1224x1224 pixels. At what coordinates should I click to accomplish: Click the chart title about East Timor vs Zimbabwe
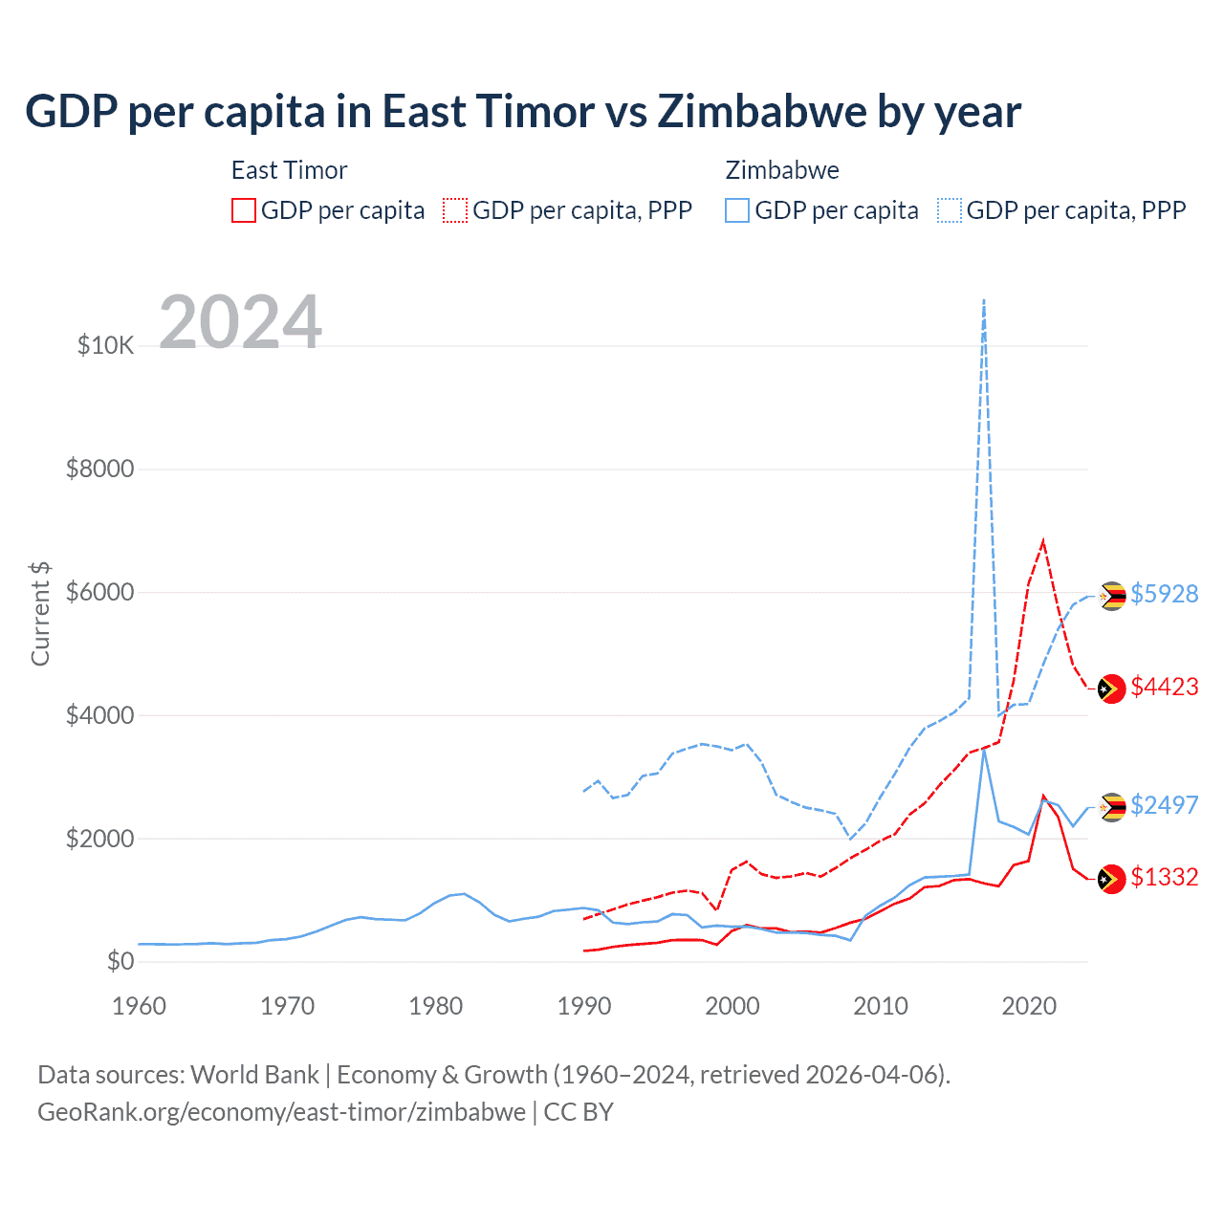pyautogui.click(x=522, y=112)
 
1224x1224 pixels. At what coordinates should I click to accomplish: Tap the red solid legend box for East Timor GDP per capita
pyautogui.click(x=244, y=210)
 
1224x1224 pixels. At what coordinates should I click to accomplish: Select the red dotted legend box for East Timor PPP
pyautogui.click(x=455, y=210)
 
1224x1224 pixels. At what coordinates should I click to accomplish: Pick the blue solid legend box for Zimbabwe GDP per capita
pyautogui.click(x=737, y=210)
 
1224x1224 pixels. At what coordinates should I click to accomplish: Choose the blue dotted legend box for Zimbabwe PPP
pyautogui.click(x=950, y=210)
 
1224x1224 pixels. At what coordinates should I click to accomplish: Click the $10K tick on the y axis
pyautogui.click(x=105, y=345)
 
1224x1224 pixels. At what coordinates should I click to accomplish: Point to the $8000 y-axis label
pyautogui.click(x=99, y=469)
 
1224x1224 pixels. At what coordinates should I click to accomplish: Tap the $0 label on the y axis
pyautogui.click(x=120, y=961)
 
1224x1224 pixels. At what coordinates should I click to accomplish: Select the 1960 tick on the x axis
pyautogui.click(x=140, y=1006)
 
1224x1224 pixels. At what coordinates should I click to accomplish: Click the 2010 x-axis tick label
pyautogui.click(x=881, y=1006)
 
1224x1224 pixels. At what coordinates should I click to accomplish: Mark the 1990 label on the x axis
pyautogui.click(x=584, y=1006)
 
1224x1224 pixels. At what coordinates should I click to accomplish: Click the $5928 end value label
pyautogui.click(x=1164, y=594)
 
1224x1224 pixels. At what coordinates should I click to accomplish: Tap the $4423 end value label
pyautogui.click(x=1164, y=687)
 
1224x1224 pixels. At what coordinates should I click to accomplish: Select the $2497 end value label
pyautogui.click(x=1164, y=805)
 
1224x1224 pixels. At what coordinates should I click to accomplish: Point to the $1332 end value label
pyautogui.click(x=1164, y=877)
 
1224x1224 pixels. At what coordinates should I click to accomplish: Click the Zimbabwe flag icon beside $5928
pyautogui.click(x=1111, y=596)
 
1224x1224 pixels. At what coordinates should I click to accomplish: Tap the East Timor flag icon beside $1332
pyautogui.click(x=1111, y=879)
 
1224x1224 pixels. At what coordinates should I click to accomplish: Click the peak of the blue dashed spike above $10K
pyautogui.click(x=984, y=300)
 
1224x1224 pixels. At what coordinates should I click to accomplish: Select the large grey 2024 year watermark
pyautogui.click(x=240, y=322)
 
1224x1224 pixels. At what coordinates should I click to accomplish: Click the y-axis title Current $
pyautogui.click(x=40, y=614)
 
